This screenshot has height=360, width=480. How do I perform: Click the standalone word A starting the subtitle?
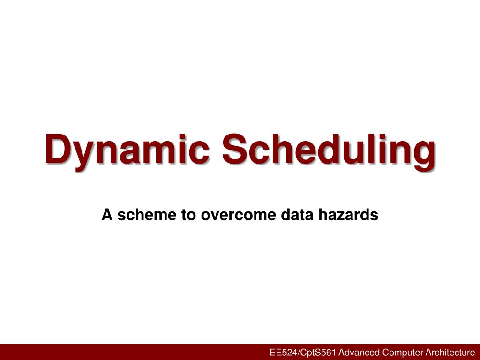pos(106,215)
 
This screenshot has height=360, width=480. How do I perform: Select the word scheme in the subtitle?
pos(143,215)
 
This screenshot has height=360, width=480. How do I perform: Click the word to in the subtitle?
pos(185,215)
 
